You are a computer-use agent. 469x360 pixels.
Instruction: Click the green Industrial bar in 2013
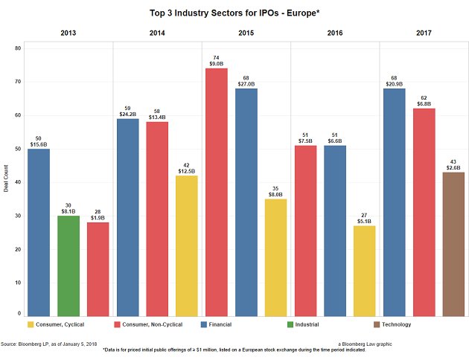pyautogui.click(x=68, y=266)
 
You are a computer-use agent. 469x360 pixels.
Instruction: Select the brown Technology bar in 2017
pyautogui.click(x=453, y=244)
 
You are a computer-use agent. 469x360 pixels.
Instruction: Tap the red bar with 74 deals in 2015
pyautogui.click(x=216, y=192)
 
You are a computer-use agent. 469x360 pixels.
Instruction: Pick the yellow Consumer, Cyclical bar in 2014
pyautogui.click(x=187, y=245)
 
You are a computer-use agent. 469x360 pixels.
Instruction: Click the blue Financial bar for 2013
pyautogui.click(x=39, y=232)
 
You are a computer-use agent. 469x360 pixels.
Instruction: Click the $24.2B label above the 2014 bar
pyautogui.click(x=127, y=115)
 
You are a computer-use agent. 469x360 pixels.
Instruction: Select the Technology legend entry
pyautogui.click(x=393, y=324)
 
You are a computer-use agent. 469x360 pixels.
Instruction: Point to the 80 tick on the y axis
pyautogui.click(x=19, y=48)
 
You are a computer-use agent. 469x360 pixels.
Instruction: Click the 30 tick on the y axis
pyautogui.click(x=19, y=216)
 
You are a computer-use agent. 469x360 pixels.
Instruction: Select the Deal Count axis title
pyautogui.click(x=7, y=182)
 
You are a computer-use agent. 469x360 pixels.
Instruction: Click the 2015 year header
pyautogui.click(x=246, y=33)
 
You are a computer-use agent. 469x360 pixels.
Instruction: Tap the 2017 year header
pyautogui.click(x=424, y=33)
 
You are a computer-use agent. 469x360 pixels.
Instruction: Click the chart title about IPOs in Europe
pyautogui.click(x=234, y=13)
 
